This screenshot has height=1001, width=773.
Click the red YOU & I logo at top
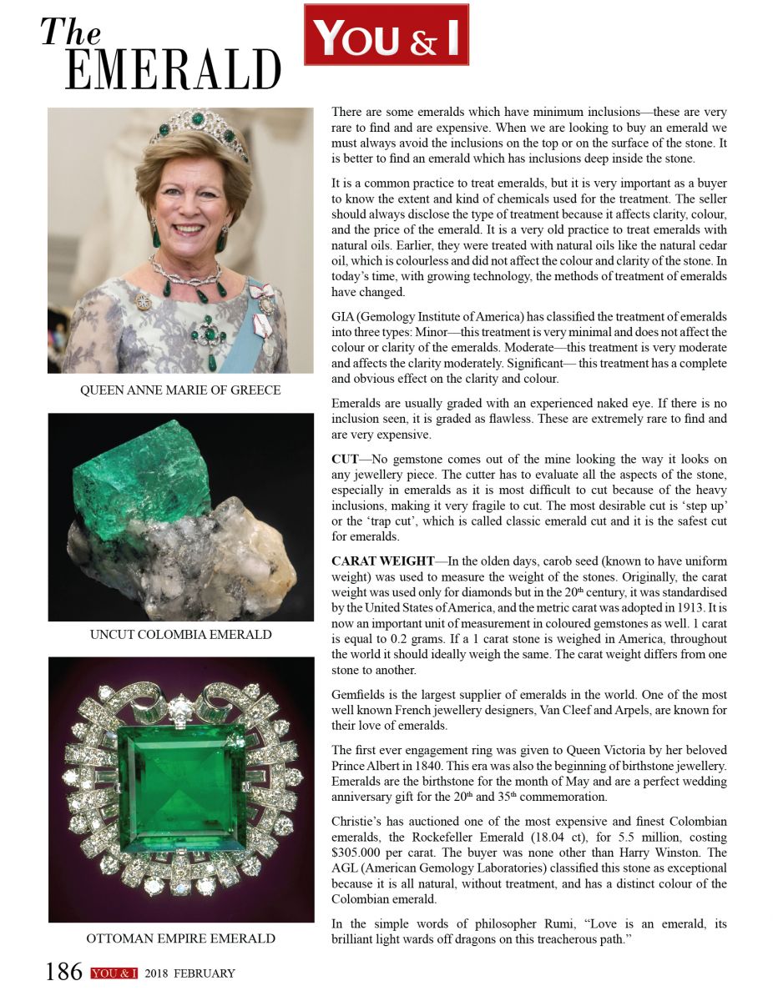pos(386,35)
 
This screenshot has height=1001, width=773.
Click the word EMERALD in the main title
pos(173,69)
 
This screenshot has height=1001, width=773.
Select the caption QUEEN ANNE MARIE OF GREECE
pos(180,390)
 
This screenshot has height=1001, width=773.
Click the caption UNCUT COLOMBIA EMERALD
pos(180,635)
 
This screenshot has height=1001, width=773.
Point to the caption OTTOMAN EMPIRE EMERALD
pos(180,938)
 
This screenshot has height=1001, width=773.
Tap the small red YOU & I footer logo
pos(114,973)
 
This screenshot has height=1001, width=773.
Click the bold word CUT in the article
pos(345,460)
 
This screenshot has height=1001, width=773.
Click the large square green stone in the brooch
pos(180,788)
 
